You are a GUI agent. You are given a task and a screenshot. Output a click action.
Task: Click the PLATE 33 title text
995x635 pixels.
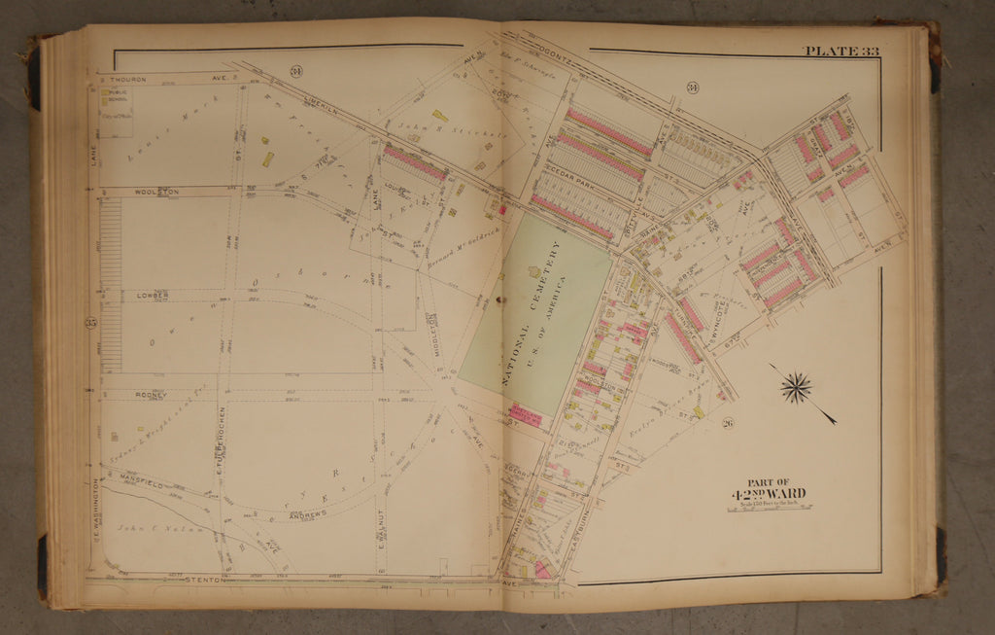(x=841, y=52)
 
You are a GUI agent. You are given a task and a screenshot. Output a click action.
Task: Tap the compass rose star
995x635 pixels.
(x=796, y=388)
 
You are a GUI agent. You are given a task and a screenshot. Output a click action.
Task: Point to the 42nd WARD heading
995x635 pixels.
(x=767, y=493)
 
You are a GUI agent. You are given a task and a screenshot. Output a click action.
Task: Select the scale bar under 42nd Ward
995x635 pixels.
(x=768, y=507)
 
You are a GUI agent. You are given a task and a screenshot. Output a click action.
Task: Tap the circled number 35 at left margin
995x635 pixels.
(x=91, y=323)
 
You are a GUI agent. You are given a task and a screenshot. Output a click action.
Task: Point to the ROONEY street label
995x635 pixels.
(x=152, y=395)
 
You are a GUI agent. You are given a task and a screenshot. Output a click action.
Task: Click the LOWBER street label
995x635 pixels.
(x=152, y=294)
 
